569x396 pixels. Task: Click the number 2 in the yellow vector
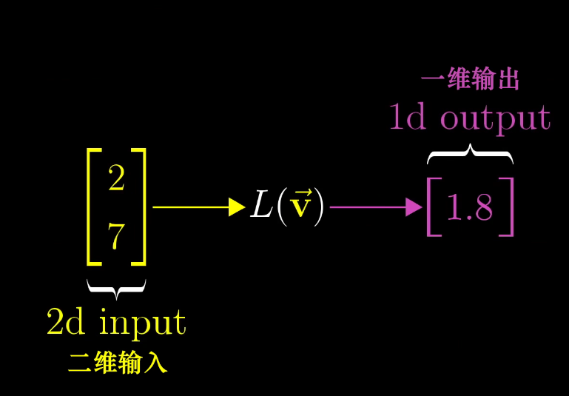116,178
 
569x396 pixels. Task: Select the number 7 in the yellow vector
116,238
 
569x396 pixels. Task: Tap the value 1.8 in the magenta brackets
470,209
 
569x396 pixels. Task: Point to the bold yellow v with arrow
300,207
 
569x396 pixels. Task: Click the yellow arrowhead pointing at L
237,207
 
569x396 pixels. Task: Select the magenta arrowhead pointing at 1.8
414,207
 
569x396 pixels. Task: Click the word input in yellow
142,323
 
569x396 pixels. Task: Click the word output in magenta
495,118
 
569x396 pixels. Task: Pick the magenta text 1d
407,118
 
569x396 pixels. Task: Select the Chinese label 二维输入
118,363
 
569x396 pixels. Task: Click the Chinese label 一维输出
470,79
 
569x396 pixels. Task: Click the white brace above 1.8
470,154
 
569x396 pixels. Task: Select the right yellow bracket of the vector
141,207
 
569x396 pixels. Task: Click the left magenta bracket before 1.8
431,207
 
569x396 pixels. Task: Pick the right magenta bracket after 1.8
508,207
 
